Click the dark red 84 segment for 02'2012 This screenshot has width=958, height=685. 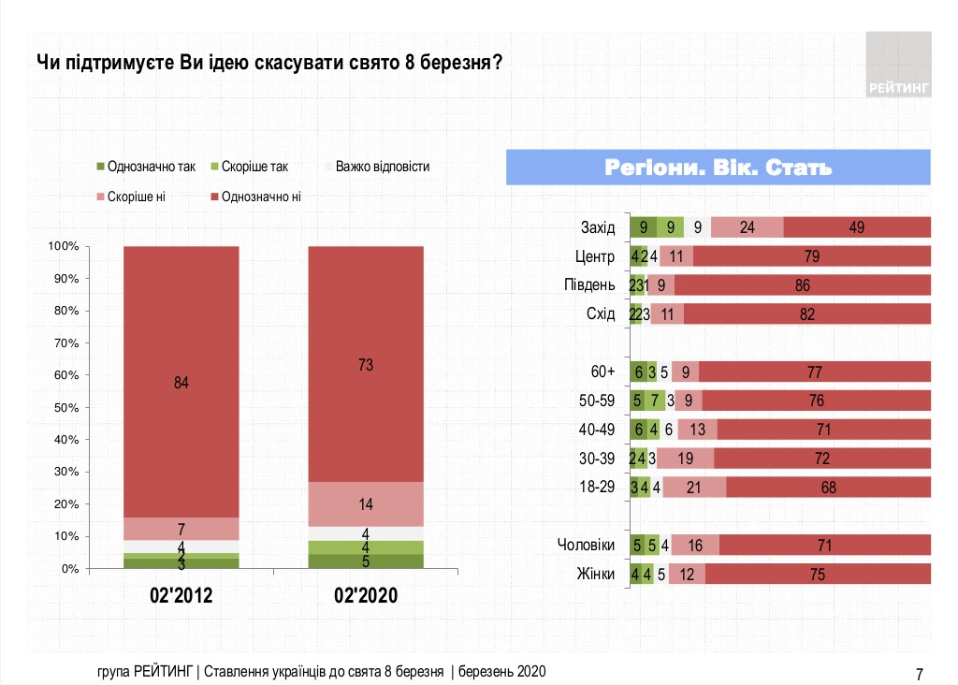181,382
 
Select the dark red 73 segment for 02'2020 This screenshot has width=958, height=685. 366,364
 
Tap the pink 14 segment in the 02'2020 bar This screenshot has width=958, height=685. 366,504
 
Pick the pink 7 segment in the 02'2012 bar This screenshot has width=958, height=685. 181,529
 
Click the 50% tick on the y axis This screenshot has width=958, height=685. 64,408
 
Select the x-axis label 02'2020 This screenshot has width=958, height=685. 366,595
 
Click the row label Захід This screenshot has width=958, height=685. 598,227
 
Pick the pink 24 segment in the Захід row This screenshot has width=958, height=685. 747,227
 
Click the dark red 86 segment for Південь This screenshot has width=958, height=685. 802,285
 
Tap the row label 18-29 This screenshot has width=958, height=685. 598,487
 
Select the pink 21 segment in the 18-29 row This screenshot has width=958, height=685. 694,487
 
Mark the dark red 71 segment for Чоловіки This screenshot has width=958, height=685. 824,545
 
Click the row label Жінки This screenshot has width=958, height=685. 595,574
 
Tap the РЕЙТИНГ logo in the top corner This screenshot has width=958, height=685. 899,66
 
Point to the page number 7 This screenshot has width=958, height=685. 919,673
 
